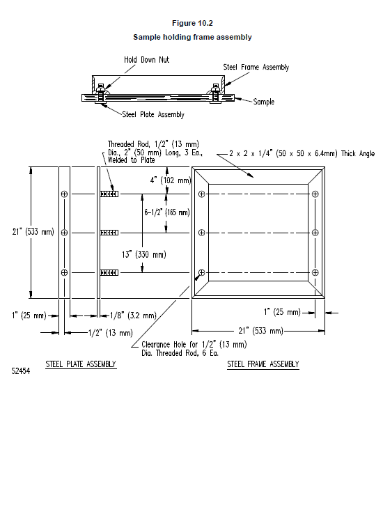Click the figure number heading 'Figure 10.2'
192,23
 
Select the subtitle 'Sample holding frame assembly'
192,37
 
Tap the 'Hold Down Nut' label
146,60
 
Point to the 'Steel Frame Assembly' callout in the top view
256,67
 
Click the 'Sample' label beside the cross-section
264,102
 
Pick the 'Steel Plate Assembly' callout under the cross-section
153,114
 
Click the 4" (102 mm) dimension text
171,180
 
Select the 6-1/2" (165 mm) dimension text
167,212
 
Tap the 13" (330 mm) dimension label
144,254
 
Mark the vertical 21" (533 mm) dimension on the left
33,232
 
